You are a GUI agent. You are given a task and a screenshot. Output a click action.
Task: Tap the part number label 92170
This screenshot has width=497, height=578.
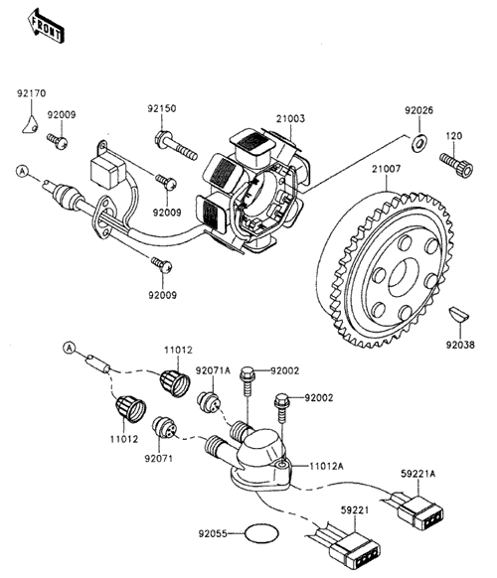tap(32, 93)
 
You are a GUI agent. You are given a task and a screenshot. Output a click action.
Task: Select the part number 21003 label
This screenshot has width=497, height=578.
tap(291, 119)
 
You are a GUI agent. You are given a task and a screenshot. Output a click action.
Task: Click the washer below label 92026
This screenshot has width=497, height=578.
tap(419, 143)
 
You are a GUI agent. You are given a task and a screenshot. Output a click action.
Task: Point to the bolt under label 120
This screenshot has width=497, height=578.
tap(456, 164)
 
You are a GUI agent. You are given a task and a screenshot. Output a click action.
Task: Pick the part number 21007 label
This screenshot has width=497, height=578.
tap(386, 169)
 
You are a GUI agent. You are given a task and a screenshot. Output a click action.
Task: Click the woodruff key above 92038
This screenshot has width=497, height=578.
tap(458, 315)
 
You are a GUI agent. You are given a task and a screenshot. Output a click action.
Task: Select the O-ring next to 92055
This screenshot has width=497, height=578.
tap(261, 533)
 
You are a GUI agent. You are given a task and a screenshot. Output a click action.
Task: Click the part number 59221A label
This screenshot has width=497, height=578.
tap(418, 474)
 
